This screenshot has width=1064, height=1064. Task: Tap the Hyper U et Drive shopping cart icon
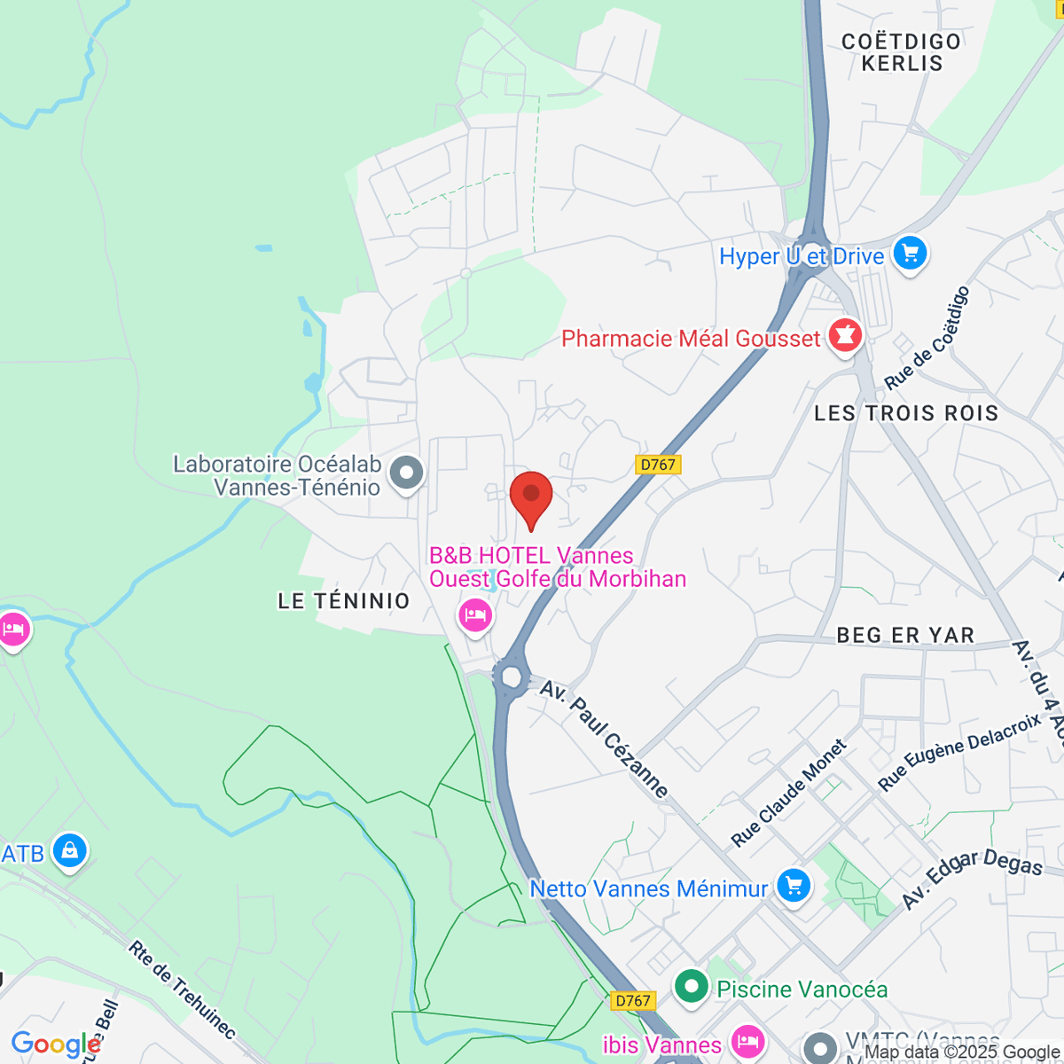[910, 254]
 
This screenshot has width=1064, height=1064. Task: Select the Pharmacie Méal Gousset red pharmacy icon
[845, 336]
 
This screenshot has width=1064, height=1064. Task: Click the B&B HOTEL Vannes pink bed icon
[475, 614]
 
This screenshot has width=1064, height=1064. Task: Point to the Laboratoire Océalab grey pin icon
[407, 473]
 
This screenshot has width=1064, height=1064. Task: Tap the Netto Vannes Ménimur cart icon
[793, 886]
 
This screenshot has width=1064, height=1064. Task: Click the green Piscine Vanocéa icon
[691, 987]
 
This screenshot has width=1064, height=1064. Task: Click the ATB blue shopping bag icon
[69, 851]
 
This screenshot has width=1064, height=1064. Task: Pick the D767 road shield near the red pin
[658, 464]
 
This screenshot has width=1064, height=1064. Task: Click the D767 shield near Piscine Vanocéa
[633, 1000]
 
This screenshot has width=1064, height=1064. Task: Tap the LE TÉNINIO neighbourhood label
[344, 601]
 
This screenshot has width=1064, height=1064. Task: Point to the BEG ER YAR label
[905, 635]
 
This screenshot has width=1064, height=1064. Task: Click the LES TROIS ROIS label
[906, 413]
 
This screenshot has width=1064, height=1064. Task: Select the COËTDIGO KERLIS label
[901, 52]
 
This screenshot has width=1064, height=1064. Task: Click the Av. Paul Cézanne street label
[604, 739]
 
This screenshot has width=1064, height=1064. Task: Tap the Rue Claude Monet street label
[788, 792]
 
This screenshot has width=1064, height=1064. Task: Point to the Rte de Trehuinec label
[183, 990]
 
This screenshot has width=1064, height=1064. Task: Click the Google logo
[56, 1044]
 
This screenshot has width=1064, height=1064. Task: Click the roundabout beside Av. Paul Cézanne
[511, 677]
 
